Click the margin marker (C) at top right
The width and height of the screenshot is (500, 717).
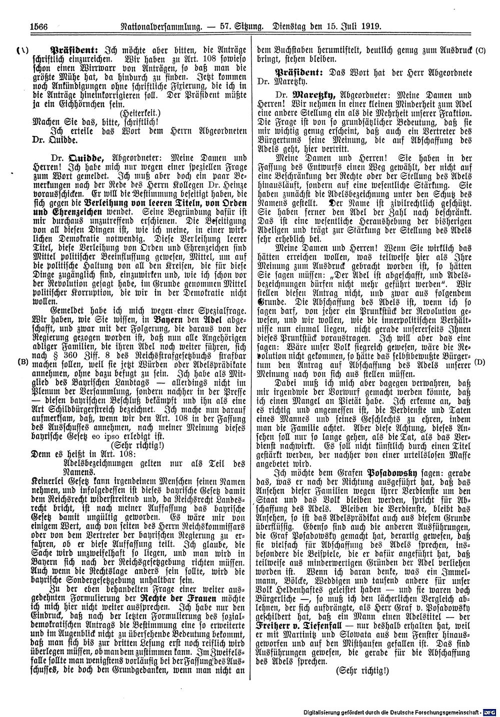(x=481, y=50)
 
